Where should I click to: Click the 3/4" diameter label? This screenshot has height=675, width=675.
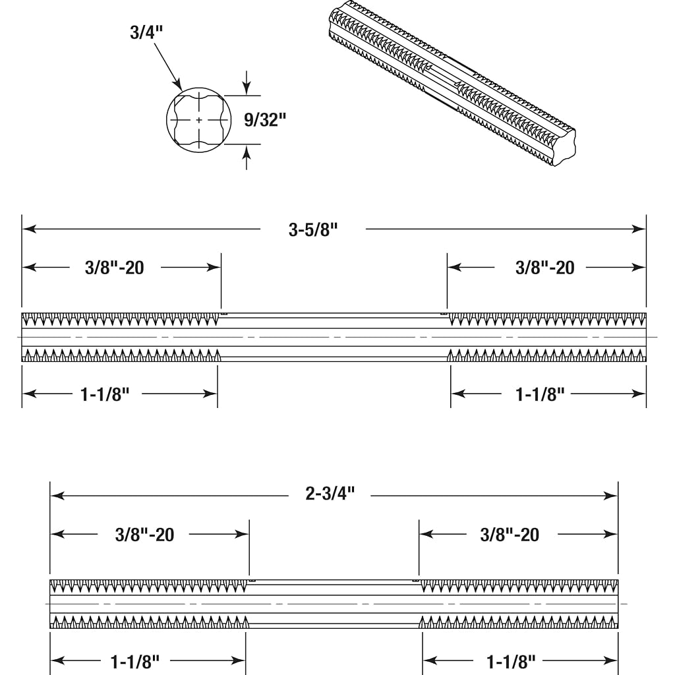click(x=146, y=32)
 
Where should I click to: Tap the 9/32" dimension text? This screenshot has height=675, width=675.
click(x=265, y=120)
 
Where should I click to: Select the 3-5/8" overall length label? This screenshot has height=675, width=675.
click(x=313, y=229)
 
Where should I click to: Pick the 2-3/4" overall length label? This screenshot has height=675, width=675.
click(x=330, y=493)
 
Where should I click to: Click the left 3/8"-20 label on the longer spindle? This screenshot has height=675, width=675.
click(x=115, y=268)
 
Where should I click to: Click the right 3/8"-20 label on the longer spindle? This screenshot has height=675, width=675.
click(x=545, y=268)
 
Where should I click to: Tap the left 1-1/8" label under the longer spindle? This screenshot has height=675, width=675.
click(x=105, y=394)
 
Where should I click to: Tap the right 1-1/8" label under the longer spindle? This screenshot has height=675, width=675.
click(x=540, y=394)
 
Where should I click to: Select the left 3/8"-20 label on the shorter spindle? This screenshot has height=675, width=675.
click(x=144, y=535)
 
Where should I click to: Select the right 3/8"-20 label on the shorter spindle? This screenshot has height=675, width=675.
click(x=510, y=535)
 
